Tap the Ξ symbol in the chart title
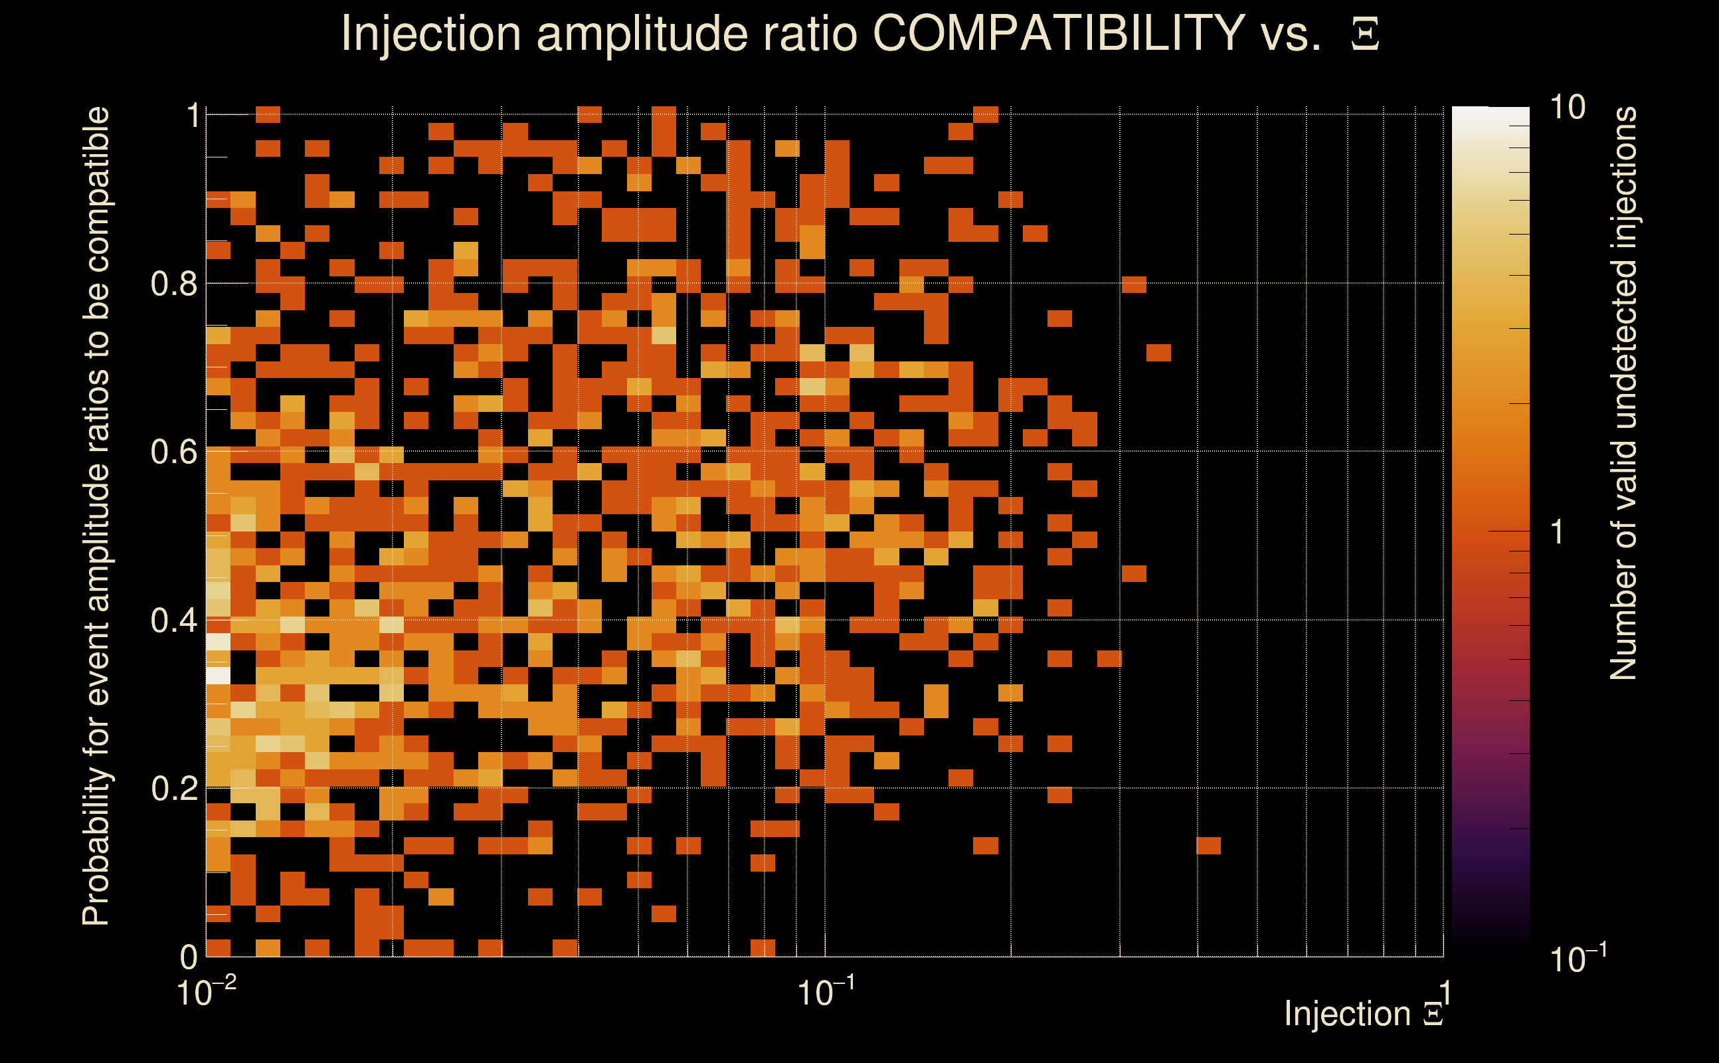(x=1365, y=35)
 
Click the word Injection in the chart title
(x=430, y=35)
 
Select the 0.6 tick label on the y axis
(x=174, y=451)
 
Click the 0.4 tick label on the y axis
(x=174, y=620)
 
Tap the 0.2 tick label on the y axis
(x=174, y=788)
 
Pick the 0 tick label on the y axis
(x=189, y=957)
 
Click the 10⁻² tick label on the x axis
(x=207, y=993)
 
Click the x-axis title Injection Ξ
(x=1364, y=1014)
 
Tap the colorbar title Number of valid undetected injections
(x=1623, y=394)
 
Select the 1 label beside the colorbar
(x=1558, y=532)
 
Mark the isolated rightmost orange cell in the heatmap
(x=1208, y=846)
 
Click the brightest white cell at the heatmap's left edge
(x=218, y=676)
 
